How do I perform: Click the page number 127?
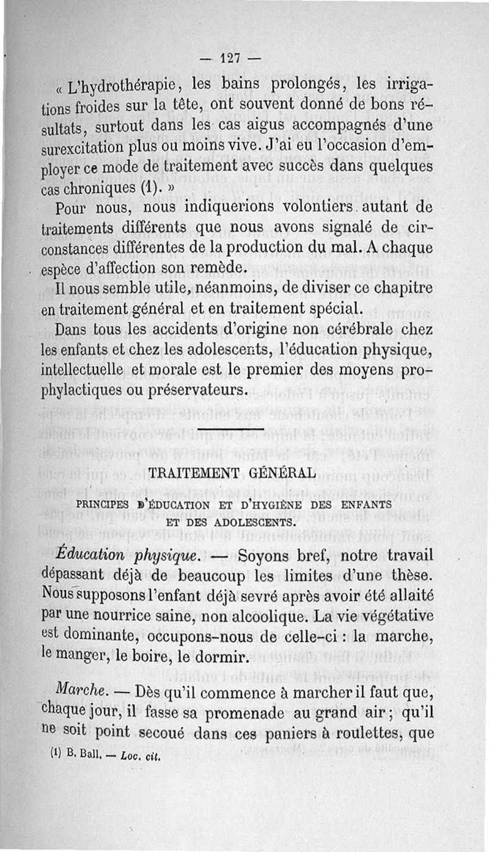click(x=230, y=59)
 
